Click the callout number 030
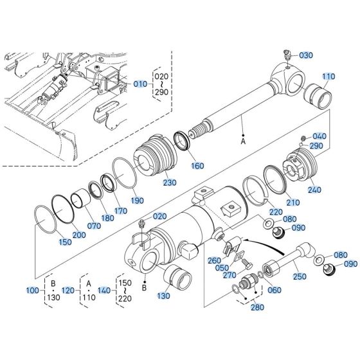click(x=305, y=56)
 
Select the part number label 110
click(x=328, y=76)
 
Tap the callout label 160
click(x=197, y=166)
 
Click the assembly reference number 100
click(x=32, y=291)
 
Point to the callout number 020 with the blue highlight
click(x=159, y=217)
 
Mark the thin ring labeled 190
click(x=124, y=172)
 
